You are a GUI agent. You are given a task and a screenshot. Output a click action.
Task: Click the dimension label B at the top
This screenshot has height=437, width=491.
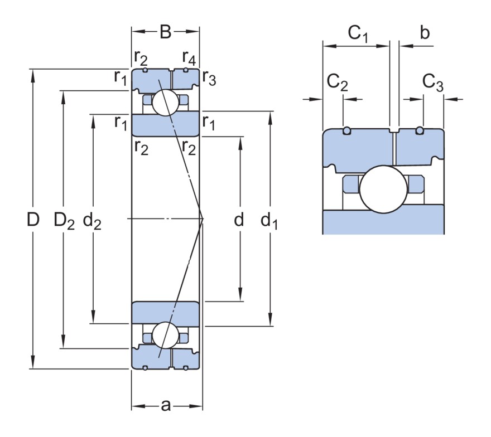pyautogui.click(x=165, y=32)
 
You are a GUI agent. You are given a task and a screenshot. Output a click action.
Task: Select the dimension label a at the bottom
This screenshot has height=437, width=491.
pyautogui.click(x=166, y=405)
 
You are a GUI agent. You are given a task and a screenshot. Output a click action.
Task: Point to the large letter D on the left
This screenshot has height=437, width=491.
pyautogui.click(x=33, y=220)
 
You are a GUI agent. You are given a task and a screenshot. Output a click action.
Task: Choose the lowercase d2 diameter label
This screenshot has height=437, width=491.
pyautogui.click(x=92, y=221)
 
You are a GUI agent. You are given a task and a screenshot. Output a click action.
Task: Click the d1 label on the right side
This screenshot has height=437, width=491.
pyautogui.click(x=269, y=221)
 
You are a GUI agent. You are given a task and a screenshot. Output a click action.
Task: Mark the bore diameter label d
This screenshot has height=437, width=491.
pyautogui.click(x=239, y=220)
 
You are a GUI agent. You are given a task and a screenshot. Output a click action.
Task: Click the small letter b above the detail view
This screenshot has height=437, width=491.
pyautogui.click(x=425, y=33)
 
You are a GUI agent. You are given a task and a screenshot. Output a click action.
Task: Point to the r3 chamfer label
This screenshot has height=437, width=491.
pyautogui.click(x=209, y=77)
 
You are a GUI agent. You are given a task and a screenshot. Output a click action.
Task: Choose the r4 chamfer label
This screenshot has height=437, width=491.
pyautogui.click(x=189, y=57)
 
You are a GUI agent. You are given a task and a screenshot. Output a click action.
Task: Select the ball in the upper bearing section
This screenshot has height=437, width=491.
pyautogui.click(x=165, y=103)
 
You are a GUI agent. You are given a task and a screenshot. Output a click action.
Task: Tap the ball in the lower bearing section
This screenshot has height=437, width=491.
pyautogui.click(x=165, y=336)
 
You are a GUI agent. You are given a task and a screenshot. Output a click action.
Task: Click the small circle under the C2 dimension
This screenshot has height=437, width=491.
pyautogui.click(x=346, y=131)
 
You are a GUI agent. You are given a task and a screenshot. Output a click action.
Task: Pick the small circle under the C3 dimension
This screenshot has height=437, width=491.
pyautogui.click(x=420, y=131)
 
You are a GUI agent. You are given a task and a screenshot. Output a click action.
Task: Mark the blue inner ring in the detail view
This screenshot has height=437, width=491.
pyautogui.click(x=383, y=222)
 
